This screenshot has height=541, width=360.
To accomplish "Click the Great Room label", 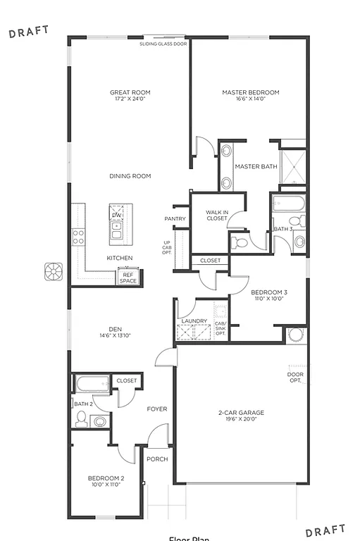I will pyautogui.click(x=130, y=92).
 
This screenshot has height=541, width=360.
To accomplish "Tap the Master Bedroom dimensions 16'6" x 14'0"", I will pyautogui.click(x=250, y=99).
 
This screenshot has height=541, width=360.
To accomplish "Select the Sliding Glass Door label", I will pyautogui.click(x=163, y=44).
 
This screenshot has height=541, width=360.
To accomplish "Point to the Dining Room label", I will pyautogui.click(x=130, y=176).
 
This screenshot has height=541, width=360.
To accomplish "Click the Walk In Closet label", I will pyautogui.click(x=216, y=215).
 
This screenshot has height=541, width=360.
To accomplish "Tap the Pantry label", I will pyautogui.click(x=175, y=219).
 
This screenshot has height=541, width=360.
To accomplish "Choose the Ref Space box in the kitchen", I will pyautogui.click(x=128, y=278).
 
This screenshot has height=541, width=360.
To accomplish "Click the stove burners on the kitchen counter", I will pyautogui.click(x=79, y=236).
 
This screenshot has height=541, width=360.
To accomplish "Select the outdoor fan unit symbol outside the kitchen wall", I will pyautogui.click(x=54, y=271).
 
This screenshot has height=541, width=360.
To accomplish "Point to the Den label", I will pyautogui.click(x=116, y=328).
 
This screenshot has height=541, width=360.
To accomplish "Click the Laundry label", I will pyautogui.click(x=194, y=321).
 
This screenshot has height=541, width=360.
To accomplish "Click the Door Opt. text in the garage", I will pyautogui.click(x=295, y=378).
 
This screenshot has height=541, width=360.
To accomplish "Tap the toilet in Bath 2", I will pyautogui.click(x=80, y=420).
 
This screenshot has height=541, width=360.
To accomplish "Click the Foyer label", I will pyautogui.click(x=156, y=409).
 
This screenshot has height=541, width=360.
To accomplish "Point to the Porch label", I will pyautogui.click(x=156, y=459).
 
